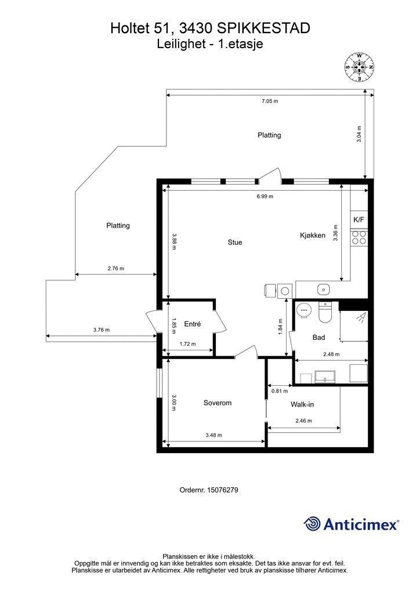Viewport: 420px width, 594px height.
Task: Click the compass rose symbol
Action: click(359, 67)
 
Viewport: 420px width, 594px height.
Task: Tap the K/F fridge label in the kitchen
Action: click(359, 220)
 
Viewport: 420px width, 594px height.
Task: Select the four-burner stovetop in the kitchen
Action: click(359, 237)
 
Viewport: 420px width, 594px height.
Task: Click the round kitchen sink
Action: click(323, 289)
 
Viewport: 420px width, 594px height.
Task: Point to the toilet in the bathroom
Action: click(325, 312)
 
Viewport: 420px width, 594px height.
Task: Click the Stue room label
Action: click(235, 242)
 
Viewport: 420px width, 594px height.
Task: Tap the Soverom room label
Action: click(218, 403)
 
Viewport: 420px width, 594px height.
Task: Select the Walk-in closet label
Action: click(302, 404)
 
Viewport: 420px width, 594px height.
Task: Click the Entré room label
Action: click(193, 324)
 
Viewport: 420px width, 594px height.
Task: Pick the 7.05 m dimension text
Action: click(270, 101)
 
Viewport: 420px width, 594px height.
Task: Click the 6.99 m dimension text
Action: click(265, 196)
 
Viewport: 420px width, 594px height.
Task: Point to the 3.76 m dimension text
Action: click(102, 329)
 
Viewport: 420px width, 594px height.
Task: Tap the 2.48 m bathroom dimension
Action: click(331, 354)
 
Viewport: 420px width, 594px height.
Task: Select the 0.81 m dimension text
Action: click(280, 391)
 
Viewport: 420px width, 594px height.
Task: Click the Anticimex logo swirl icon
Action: click(312, 524)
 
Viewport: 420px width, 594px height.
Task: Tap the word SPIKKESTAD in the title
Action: click(263, 28)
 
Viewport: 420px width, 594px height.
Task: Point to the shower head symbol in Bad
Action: click(361, 317)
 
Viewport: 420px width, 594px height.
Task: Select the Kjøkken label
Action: click(313, 236)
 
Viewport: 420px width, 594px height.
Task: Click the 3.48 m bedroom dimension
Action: click(213, 435)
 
